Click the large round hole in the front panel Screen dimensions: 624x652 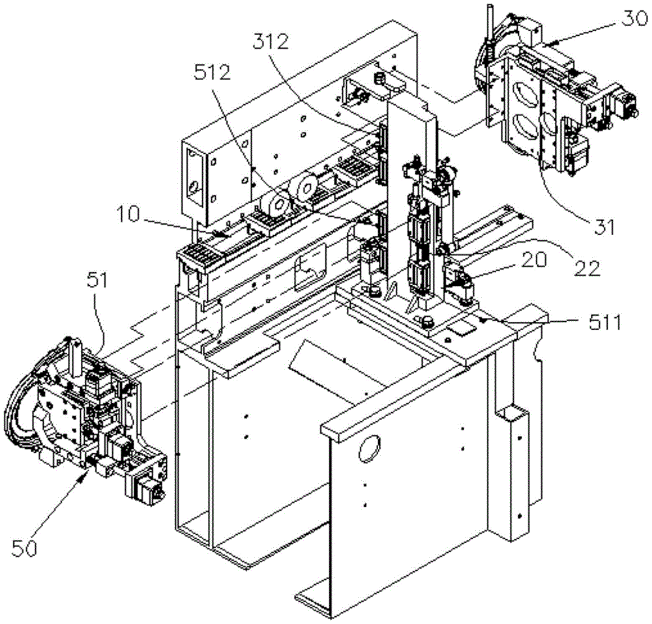tap(369, 448)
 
